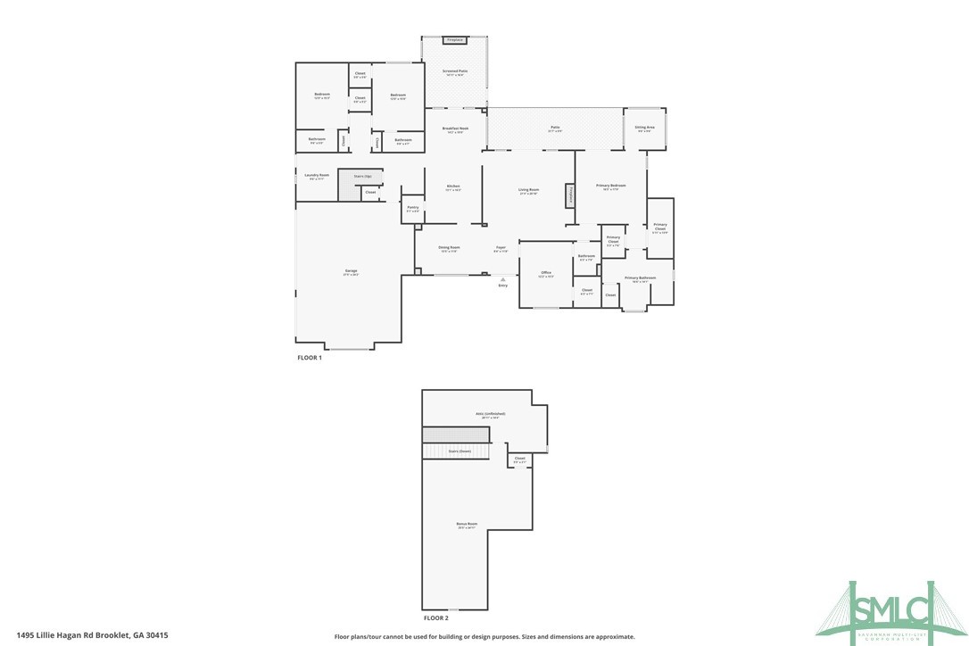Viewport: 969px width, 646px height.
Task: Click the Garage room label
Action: [351, 271]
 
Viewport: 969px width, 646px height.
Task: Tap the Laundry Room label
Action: [317, 176]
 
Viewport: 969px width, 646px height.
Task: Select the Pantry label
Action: [412, 208]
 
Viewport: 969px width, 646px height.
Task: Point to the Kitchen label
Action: [453, 186]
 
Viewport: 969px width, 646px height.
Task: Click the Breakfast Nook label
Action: [455, 129]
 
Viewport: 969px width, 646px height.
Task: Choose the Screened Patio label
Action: [455, 71]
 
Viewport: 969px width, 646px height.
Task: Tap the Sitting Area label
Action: [645, 128]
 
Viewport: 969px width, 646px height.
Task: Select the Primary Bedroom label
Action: [611, 186]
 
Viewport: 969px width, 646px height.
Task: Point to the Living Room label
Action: [529, 190]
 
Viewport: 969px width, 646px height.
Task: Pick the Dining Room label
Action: [449, 248]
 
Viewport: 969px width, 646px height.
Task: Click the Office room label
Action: [545, 273]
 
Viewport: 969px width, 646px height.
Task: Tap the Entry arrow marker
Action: [502, 279]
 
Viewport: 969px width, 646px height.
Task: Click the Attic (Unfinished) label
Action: [490, 414]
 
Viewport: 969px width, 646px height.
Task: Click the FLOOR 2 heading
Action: [435, 617]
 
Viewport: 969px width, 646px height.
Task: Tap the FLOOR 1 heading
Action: [309, 357]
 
